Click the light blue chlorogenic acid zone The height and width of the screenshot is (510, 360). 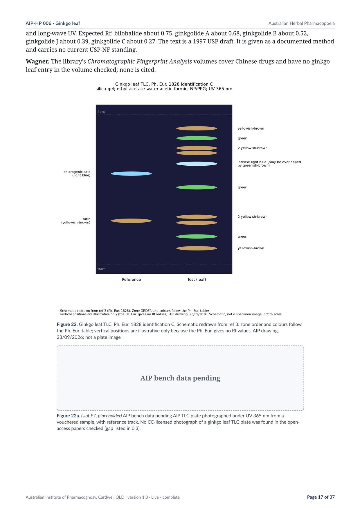pyautogui.click(x=131, y=174)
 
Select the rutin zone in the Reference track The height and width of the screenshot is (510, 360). pyautogui.click(x=131, y=221)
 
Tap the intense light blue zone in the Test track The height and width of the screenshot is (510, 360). pyautogui.click(x=197, y=164)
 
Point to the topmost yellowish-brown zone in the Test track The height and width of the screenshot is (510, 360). pyautogui.click(x=197, y=128)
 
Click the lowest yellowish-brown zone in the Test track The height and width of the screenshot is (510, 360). pyautogui.click(x=197, y=248)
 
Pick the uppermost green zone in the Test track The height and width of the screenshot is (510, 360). pyautogui.click(x=197, y=138)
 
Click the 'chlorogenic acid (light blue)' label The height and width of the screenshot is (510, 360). pyautogui.click(x=77, y=173)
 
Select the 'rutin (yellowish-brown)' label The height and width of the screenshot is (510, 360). pyautogui.click(x=76, y=221)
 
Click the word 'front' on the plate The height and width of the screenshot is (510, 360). pyautogui.click(x=101, y=112)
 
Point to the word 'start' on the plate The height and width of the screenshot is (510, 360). pyautogui.click(x=101, y=269)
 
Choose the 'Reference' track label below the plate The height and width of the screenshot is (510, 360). pyautogui.click(x=131, y=280)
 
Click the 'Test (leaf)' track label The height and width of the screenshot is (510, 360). pyautogui.click(x=197, y=280)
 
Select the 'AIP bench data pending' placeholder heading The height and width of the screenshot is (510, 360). pyautogui.click(x=180, y=378)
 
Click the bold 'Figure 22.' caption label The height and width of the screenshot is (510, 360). pyautogui.click(x=67, y=324)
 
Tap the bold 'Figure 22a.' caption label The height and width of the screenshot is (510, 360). pyautogui.click(x=69, y=416)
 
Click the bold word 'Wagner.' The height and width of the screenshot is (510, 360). pyautogui.click(x=37, y=62)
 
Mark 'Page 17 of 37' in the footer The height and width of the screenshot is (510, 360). pyautogui.click(x=321, y=497)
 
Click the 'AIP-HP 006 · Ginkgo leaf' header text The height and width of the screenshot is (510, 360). pyautogui.click(x=53, y=23)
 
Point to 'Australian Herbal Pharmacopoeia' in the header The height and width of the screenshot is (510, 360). pyautogui.click(x=301, y=23)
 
